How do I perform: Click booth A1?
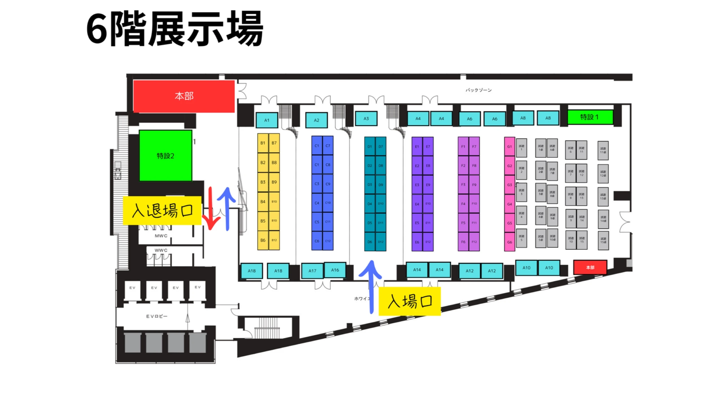(x=267, y=120)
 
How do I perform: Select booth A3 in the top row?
(x=366, y=118)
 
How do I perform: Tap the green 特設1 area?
(x=590, y=117)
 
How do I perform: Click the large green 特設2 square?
(x=165, y=156)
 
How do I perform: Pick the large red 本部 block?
(x=184, y=96)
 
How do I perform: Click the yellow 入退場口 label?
(x=162, y=211)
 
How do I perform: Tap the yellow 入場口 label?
(x=410, y=301)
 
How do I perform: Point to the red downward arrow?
(x=210, y=209)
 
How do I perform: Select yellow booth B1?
(x=263, y=143)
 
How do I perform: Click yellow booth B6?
(x=263, y=240)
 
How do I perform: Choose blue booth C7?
(x=328, y=146)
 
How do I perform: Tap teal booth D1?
(x=369, y=147)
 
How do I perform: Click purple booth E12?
(x=428, y=242)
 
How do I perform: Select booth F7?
(x=474, y=146)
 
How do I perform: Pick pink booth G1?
(x=509, y=146)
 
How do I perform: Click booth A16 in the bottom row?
(x=335, y=270)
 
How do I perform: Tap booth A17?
(x=312, y=271)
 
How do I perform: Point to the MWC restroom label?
(x=161, y=236)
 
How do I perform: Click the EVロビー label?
(x=157, y=316)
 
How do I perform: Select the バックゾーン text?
(x=479, y=90)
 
